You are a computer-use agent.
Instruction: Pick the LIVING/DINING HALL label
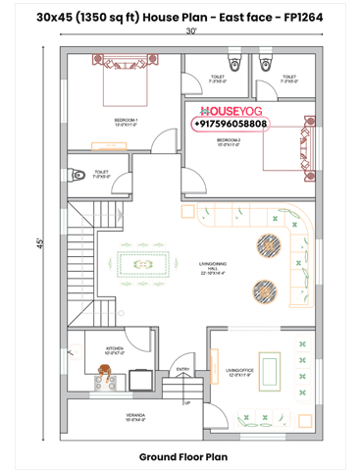click(x=212, y=266)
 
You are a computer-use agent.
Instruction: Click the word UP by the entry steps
click(x=188, y=401)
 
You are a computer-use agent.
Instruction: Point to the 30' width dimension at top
click(x=190, y=30)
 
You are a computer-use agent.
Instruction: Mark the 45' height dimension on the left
click(x=38, y=241)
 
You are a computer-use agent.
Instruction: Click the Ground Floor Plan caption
click(x=183, y=456)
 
